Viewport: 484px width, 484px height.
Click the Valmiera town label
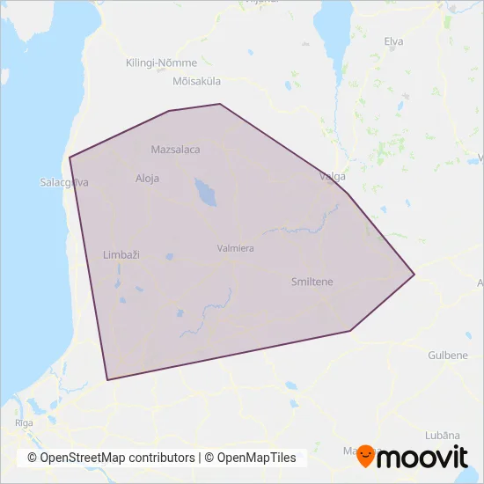[x=235, y=248]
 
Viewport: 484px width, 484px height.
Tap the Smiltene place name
[x=312, y=282]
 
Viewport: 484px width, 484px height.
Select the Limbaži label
[x=121, y=254]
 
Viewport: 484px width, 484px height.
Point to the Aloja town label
[x=147, y=178]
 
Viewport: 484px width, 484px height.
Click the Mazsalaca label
[x=175, y=150]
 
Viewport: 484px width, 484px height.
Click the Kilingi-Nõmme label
[x=161, y=63]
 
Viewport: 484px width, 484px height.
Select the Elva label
[x=393, y=41]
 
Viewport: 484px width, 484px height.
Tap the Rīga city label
[x=24, y=423]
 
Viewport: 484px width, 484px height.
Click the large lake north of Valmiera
[x=205, y=192]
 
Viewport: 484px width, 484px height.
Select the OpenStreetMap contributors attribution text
[x=111, y=458]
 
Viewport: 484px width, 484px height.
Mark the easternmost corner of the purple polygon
[x=414, y=275]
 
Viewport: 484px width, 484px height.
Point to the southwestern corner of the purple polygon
[x=107, y=380]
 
